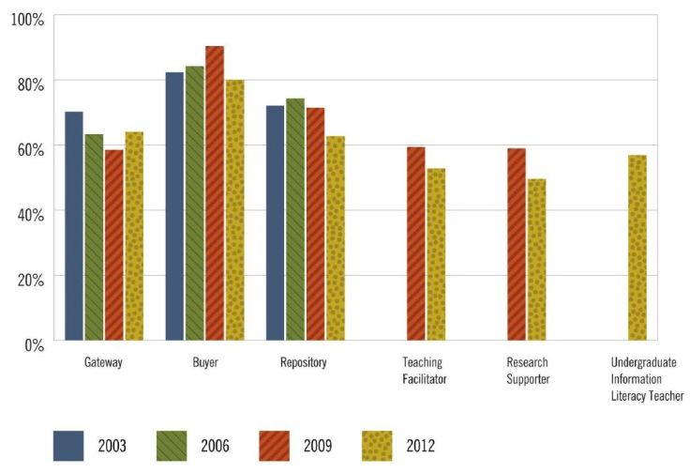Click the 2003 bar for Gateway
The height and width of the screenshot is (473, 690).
click(74, 226)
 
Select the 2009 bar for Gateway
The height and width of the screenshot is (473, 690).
click(114, 245)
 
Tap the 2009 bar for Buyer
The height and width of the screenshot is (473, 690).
click(215, 193)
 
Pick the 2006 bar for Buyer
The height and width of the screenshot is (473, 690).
click(195, 203)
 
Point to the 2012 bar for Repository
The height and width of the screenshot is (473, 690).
click(335, 238)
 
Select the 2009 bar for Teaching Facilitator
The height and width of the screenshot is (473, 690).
click(415, 244)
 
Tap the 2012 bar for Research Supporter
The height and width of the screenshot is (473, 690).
click(536, 260)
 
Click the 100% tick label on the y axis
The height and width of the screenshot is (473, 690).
click(26, 18)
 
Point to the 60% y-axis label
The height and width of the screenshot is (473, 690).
click(29, 148)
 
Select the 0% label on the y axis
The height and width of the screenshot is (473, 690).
click(33, 343)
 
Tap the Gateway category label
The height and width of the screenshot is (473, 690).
click(103, 363)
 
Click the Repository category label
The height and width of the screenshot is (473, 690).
click(304, 363)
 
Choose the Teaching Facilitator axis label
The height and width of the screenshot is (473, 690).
click(425, 371)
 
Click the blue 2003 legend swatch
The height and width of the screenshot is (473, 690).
click(70, 444)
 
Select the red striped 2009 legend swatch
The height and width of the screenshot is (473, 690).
click(277, 444)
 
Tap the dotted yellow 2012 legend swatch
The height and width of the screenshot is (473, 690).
click(380, 444)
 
